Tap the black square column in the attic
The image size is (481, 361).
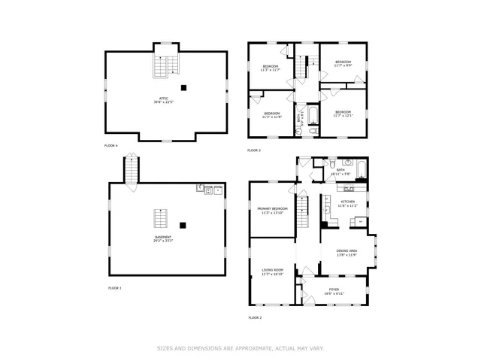[x=193, y=86]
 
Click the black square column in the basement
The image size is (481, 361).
[x=183, y=223]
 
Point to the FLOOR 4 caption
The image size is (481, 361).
[x=111, y=144]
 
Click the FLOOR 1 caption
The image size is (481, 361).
[x=114, y=288]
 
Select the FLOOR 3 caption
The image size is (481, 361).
[x=254, y=150]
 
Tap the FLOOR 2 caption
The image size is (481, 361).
[x=255, y=317]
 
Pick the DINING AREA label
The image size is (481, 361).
[x=346, y=250]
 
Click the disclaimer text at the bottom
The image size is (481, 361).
[x=240, y=348]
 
